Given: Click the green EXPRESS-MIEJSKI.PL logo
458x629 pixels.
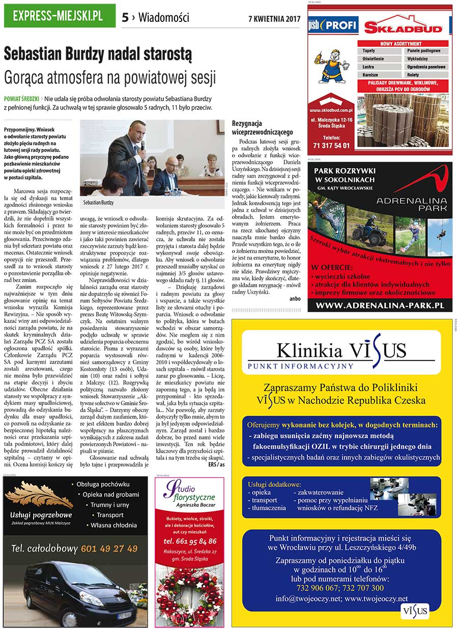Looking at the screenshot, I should click(x=59, y=16).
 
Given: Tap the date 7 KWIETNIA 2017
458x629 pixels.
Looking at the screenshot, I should click(x=274, y=19).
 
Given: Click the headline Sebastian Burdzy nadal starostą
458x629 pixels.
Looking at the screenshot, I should click(x=98, y=53).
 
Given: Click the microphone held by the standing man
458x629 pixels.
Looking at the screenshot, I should click(x=142, y=145).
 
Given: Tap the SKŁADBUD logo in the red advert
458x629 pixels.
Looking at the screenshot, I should click(x=403, y=28).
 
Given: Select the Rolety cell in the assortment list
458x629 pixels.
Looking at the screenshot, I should click(x=425, y=75).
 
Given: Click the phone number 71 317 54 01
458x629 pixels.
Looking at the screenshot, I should click(x=331, y=145).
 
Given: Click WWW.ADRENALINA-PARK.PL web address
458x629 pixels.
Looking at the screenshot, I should click(x=379, y=306).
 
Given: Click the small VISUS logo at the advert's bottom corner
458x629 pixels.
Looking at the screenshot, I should click(x=414, y=611).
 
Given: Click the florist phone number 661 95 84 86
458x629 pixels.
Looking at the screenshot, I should click(x=190, y=541).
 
